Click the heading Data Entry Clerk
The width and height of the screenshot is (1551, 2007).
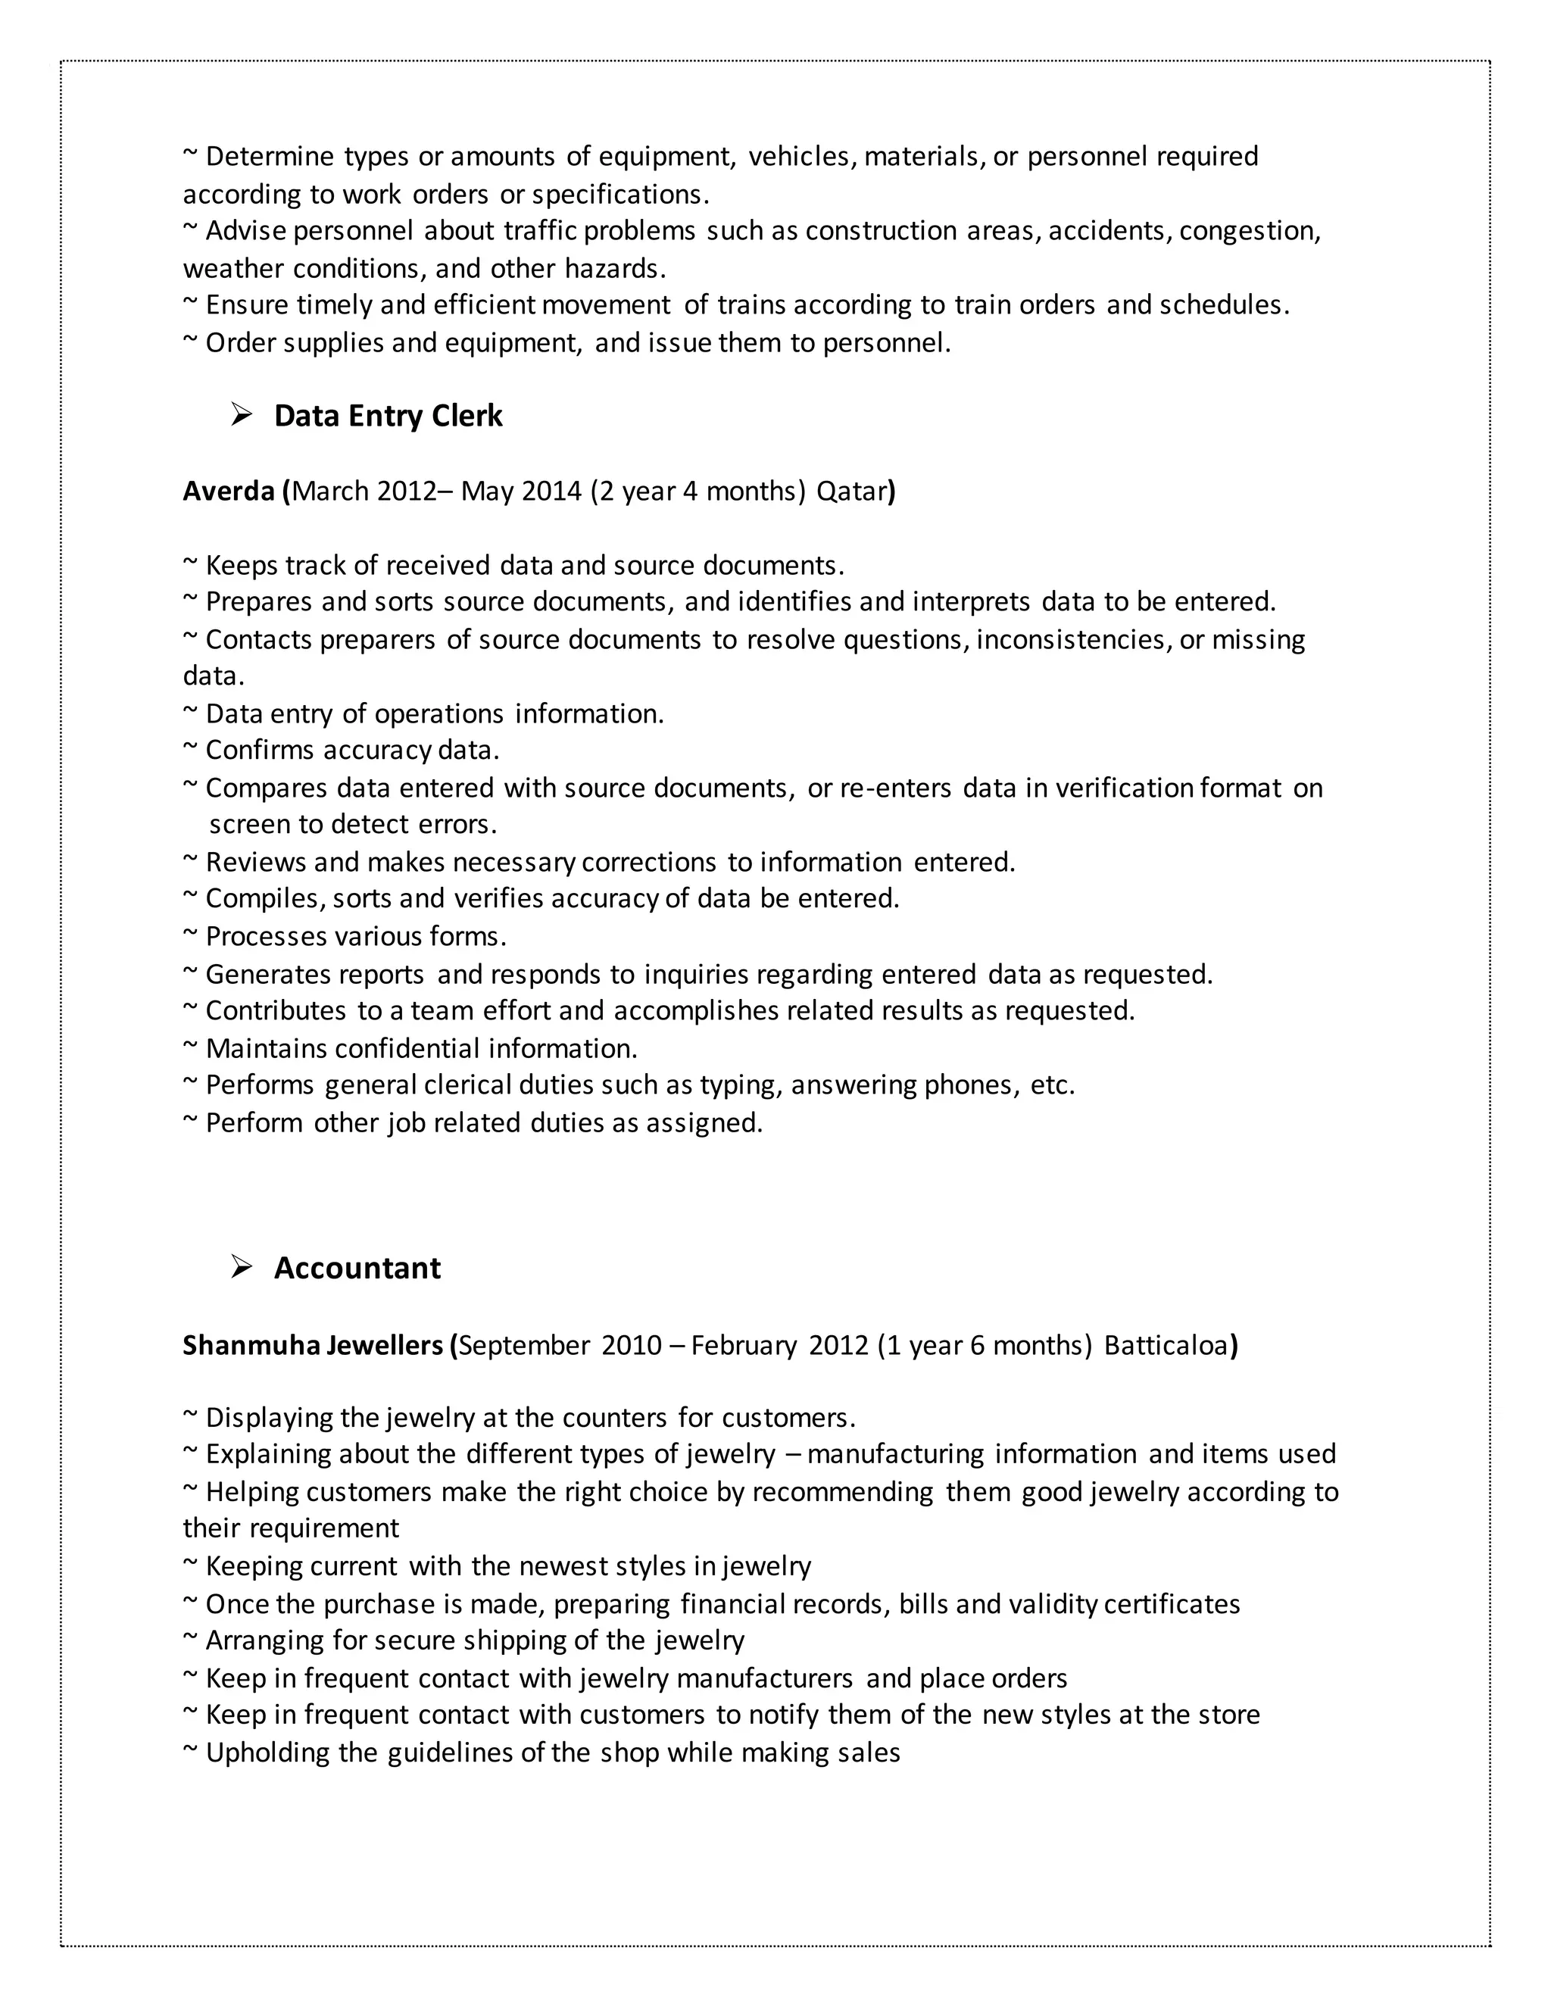click(x=388, y=417)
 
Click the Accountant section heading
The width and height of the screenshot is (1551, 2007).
click(x=357, y=1268)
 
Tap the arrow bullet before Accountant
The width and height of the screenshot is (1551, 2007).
click(x=242, y=1268)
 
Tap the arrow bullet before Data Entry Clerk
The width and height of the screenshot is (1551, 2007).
click(x=242, y=417)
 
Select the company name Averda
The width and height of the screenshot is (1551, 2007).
click(x=229, y=492)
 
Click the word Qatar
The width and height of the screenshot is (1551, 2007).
click(x=852, y=492)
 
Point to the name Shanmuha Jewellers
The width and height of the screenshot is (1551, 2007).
click(x=314, y=1345)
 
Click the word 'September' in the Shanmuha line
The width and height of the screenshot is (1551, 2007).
click(x=524, y=1345)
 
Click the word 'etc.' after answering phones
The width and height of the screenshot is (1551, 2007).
click(x=1052, y=1085)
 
